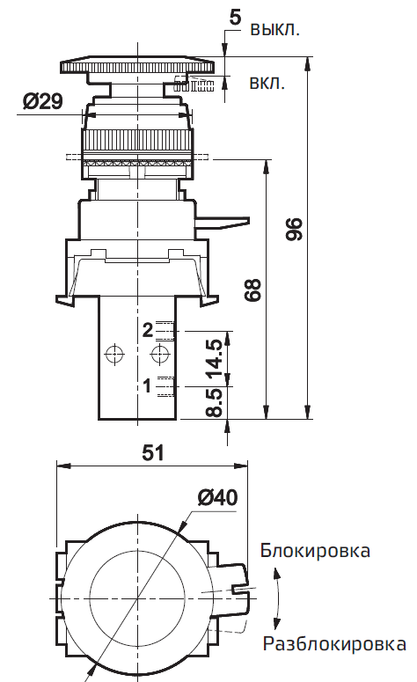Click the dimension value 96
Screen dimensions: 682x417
tap(295, 231)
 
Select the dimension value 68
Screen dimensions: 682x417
tap(254, 290)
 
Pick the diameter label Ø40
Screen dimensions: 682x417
tap(217, 497)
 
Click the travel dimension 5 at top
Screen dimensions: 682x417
tap(235, 16)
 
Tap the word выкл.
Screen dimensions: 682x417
tap(275, 29)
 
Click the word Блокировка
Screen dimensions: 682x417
tap(315, 552)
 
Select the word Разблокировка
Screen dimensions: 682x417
tap(333, 644)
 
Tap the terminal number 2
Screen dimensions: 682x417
tap(148, 330)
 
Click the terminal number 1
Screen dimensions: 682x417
tap(148, 385)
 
